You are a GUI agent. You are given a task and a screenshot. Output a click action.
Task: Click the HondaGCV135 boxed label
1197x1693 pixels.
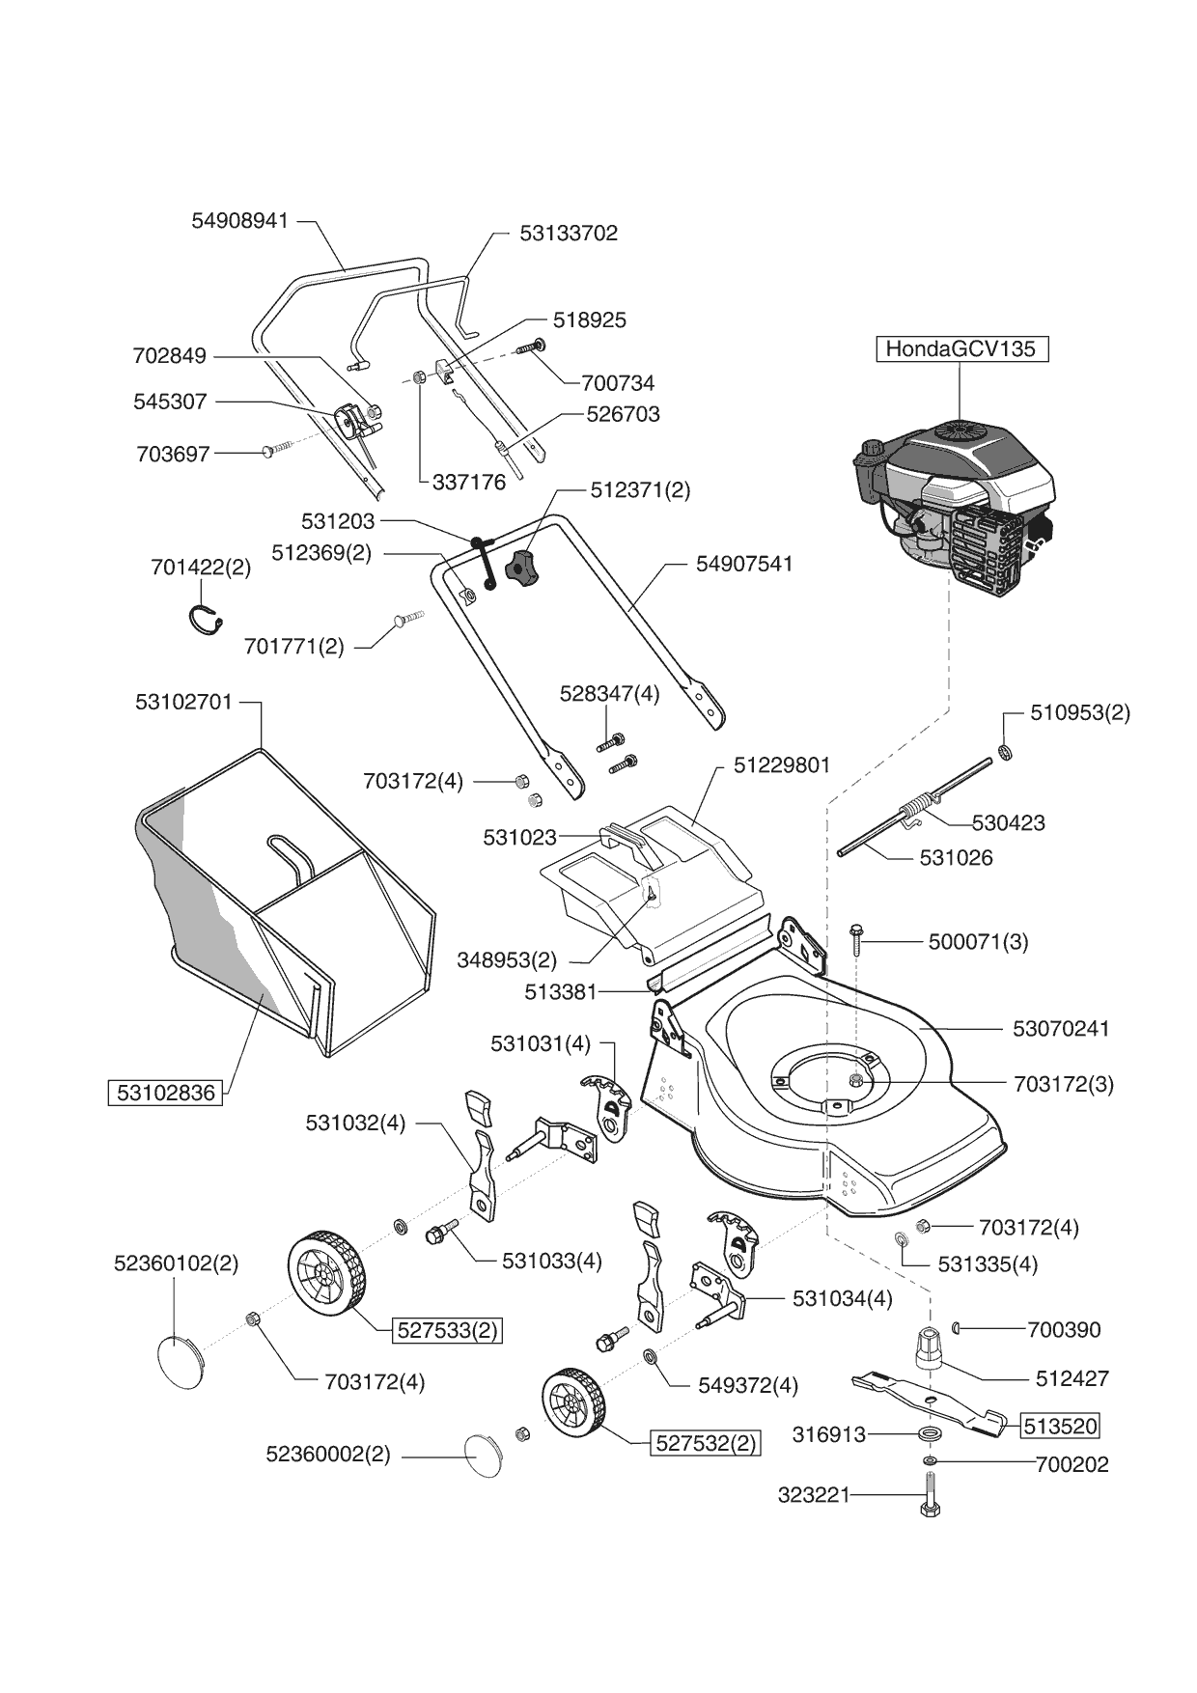pyautogui.click(x=960, y=348)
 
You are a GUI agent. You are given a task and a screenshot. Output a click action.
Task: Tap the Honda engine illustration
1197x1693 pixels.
pyautogui.click(x=956, y=512)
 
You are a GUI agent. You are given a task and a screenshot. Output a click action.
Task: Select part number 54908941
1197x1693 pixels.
pyautogui.click(x=240, y=220)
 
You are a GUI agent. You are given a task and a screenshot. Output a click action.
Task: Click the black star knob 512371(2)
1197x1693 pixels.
pyautogui.click(x=522, y=567)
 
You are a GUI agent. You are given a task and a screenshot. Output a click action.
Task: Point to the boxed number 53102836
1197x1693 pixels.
pyautogui.click(x=165, y=1093)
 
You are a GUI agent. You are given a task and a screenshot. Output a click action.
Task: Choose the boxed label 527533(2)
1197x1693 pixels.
pyautogui.click(x=448, y=1330)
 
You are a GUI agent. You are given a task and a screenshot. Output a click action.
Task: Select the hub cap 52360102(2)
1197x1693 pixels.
pyautogui.click(x=181, y=1361)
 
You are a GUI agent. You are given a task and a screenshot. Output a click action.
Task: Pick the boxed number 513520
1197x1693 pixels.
pyautogui.click(x=1060, y=1426)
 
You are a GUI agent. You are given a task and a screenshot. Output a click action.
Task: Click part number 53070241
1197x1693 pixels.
pyautogui.click(x=1061, y=1029)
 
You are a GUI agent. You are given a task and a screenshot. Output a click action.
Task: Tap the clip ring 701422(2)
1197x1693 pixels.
pyautogui.click(x=206, y=619)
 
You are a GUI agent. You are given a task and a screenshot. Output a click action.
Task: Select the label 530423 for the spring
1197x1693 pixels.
pyautogui.click(x=1008, y=822)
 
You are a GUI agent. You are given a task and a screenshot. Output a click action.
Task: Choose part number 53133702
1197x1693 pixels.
pyautogui.click(x=569, y=233)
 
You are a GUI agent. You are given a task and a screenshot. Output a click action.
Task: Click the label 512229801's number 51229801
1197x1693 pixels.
pyautogui.click(x=782, y=764)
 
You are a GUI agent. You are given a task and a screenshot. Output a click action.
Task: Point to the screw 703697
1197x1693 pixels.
pyautogui.click(x=275, y=450)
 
